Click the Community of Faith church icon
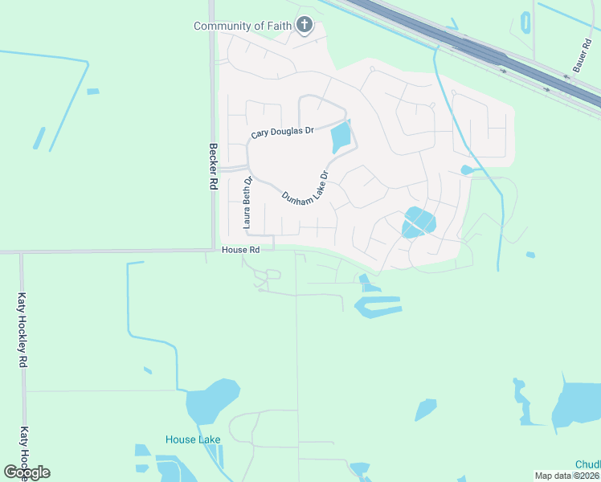pyautogui.click(x=304, y=26)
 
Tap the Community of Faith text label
pyautogui.click(x=243, y=27)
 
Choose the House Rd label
pyautogui.click(x=241, y=251)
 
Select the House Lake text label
pyautogui.click(x=193, y=439)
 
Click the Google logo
pyautogui.click(x=27, y=472)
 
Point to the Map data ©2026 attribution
pyautogui.click(x=567, y=476)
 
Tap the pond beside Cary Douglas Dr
pyautogui.click(x=341, y=137)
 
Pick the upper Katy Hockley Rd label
pyautogui.click(x=22, y=329)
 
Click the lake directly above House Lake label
pyautogui.click(x=212, y=402)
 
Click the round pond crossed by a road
pyautogui.click(x=418, y=222)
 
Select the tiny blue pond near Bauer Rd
pyautogui.click(x=525, y=22)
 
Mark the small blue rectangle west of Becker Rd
pyautogui.click(x=93, y=92)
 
